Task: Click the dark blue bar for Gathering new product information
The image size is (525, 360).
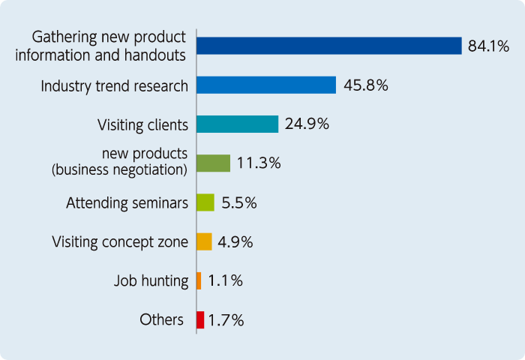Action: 328,46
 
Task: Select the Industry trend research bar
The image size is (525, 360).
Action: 266,85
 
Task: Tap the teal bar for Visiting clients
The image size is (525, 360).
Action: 237,124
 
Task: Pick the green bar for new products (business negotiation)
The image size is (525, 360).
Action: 213,163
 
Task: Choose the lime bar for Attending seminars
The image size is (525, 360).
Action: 205,202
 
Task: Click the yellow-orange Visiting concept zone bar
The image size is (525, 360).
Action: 204,241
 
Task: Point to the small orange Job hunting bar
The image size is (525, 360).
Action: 199,280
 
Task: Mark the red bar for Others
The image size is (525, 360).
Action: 200,319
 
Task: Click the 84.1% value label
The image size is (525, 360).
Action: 488,46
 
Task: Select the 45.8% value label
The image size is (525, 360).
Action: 365,85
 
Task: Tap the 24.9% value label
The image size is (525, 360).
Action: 307,124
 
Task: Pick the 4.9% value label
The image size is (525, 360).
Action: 235,241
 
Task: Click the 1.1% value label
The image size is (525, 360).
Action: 225,280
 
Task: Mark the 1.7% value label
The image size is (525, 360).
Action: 226,320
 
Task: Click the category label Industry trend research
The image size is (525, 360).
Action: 114,85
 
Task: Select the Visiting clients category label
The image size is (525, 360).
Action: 143,124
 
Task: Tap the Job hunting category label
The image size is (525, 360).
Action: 151,281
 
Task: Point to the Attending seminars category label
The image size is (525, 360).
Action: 127,202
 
